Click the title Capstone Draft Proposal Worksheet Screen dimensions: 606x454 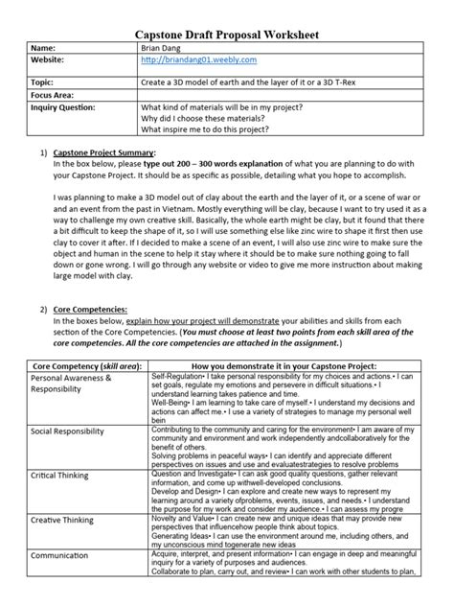(226, 35)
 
